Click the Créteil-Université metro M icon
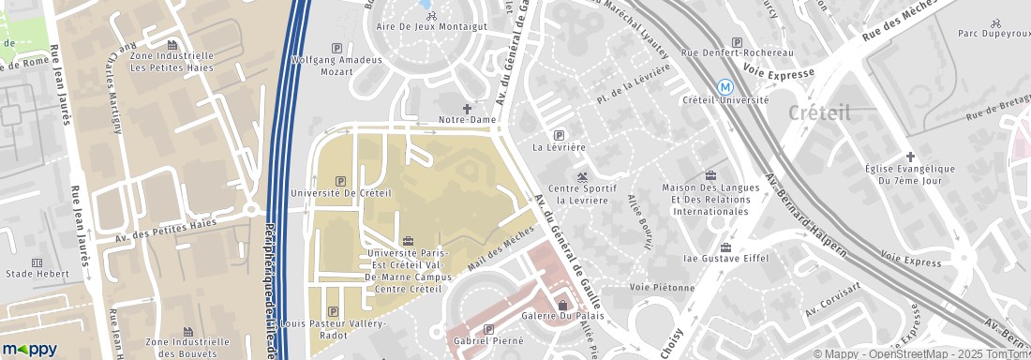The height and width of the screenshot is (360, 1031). click(x=725, y=85)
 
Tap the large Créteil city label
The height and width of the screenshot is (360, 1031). click(x=819, y=112)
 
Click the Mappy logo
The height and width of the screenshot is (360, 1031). click(x=29, y=349)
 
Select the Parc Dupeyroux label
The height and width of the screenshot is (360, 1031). click(x=994, y=34)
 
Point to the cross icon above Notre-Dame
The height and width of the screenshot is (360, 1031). click(x=468, y=108)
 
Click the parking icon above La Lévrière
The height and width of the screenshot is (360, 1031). click(x=560, y=135)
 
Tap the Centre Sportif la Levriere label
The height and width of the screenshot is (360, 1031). click(x=582, y=194)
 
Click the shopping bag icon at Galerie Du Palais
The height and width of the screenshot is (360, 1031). click(x=562, y=304)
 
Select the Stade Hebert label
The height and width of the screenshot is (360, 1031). click(x=37, y=275)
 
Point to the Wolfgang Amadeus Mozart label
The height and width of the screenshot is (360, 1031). click(x=337, y=66)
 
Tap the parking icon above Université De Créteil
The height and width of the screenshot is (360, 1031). click(x=339, y=181)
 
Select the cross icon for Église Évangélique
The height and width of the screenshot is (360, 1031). click(x=909, y=156)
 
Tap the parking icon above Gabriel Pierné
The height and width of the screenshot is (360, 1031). click(x=489, y=329)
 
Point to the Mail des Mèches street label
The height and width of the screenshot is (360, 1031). click(x=499, y=251)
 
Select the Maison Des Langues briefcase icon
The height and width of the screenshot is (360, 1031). click(x=710, y=174)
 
